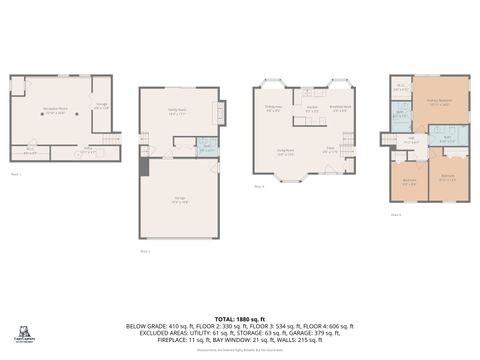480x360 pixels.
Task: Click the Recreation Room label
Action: (x=55, y=110)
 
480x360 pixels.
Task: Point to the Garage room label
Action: (x=179, y=201)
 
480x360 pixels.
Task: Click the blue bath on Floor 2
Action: (x=207, y=148)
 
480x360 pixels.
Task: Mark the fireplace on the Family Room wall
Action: (x=221, y=113)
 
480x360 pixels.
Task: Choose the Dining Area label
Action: (x=273, y=108)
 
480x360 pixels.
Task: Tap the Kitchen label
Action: (x=311, y=108)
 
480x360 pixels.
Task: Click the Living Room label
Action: (x=285, y=153)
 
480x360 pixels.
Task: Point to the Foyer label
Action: (x=329, y=150)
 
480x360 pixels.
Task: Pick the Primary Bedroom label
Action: (x=440, y=102)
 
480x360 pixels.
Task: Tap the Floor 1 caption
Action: (x=16, y=174)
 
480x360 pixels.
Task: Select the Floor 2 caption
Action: (x=145, y=251)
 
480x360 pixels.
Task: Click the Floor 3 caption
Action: (x=259, y=186)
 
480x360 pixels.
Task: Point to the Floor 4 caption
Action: (x=396, y=215)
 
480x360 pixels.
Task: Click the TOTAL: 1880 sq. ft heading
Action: (x=240, y=317)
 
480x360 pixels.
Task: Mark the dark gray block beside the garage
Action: (x=144, y=166)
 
